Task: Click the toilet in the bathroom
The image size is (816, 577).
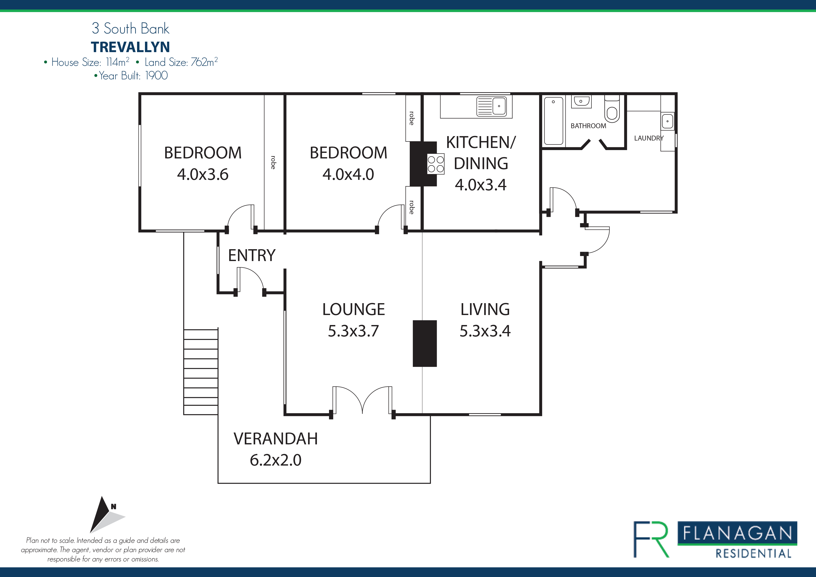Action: [x=612, y=108]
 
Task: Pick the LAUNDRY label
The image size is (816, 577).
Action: [x=649, y=138]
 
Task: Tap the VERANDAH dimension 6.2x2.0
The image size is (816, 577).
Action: [x=275, y=460]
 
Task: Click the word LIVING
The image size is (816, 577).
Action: [x=485, y=309]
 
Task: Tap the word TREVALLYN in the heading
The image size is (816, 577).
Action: [x=131, y=47]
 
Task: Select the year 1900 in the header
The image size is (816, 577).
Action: [x=156, y=75]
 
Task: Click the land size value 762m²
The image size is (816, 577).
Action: [x=204, y=62]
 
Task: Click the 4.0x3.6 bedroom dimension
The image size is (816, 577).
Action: [x=203, y=174]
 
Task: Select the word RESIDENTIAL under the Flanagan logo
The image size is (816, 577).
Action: [x=753, y=554]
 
